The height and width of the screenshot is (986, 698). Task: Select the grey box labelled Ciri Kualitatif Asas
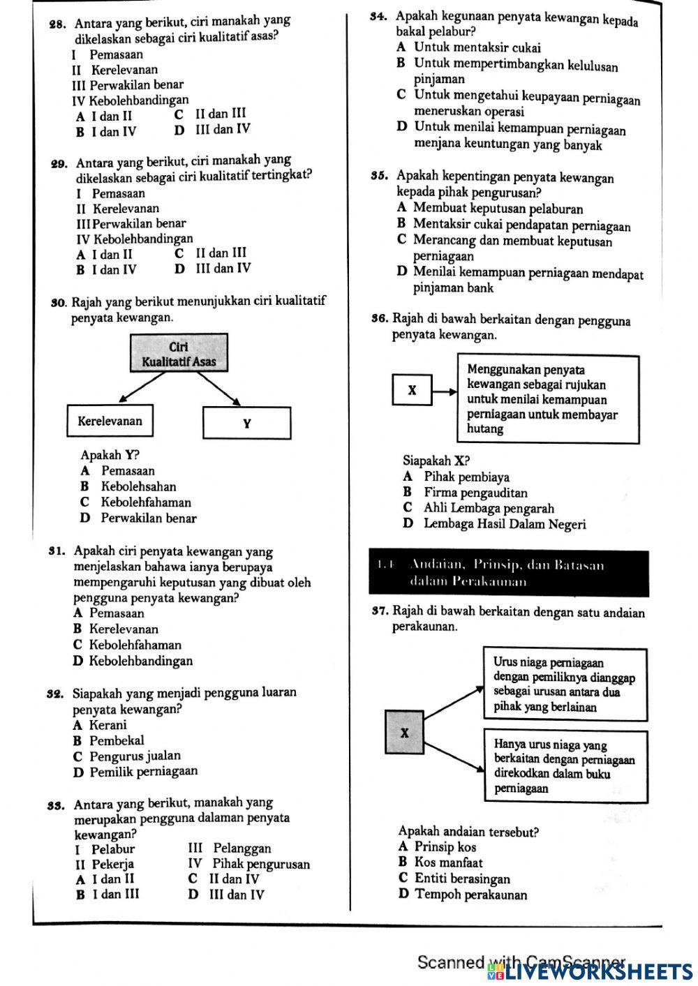pos(179,354)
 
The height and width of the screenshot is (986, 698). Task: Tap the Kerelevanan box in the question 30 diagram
pos(110,421)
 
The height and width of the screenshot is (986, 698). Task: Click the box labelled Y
pos(246,423)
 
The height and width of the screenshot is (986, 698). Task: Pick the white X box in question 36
pos(412,390)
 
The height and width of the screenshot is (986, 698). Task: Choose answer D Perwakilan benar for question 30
pos(140,518)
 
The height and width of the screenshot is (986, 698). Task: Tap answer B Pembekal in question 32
pos(109,740)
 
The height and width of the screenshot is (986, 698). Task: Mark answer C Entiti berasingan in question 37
pos(454,879)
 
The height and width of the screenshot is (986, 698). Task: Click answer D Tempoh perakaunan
pos(463,895)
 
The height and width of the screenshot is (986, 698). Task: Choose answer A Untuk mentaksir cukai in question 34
pos(469,48)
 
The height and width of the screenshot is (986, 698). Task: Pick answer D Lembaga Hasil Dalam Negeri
pos(496,524)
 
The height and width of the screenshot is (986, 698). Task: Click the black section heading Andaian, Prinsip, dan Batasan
pos(509,573)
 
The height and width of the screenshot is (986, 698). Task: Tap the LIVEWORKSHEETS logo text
pos(600,971)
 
